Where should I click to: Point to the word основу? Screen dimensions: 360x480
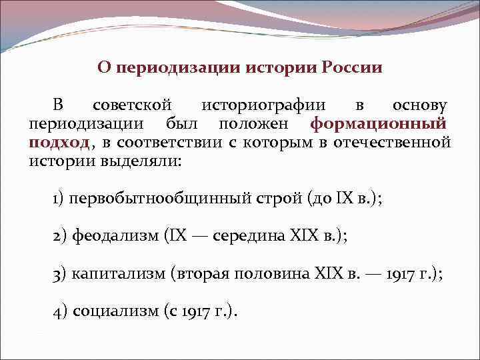[419, 105]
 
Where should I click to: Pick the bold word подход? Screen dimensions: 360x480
[59, 143]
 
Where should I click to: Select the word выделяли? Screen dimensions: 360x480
[141, 161]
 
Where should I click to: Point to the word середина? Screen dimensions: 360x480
[250, 236]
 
